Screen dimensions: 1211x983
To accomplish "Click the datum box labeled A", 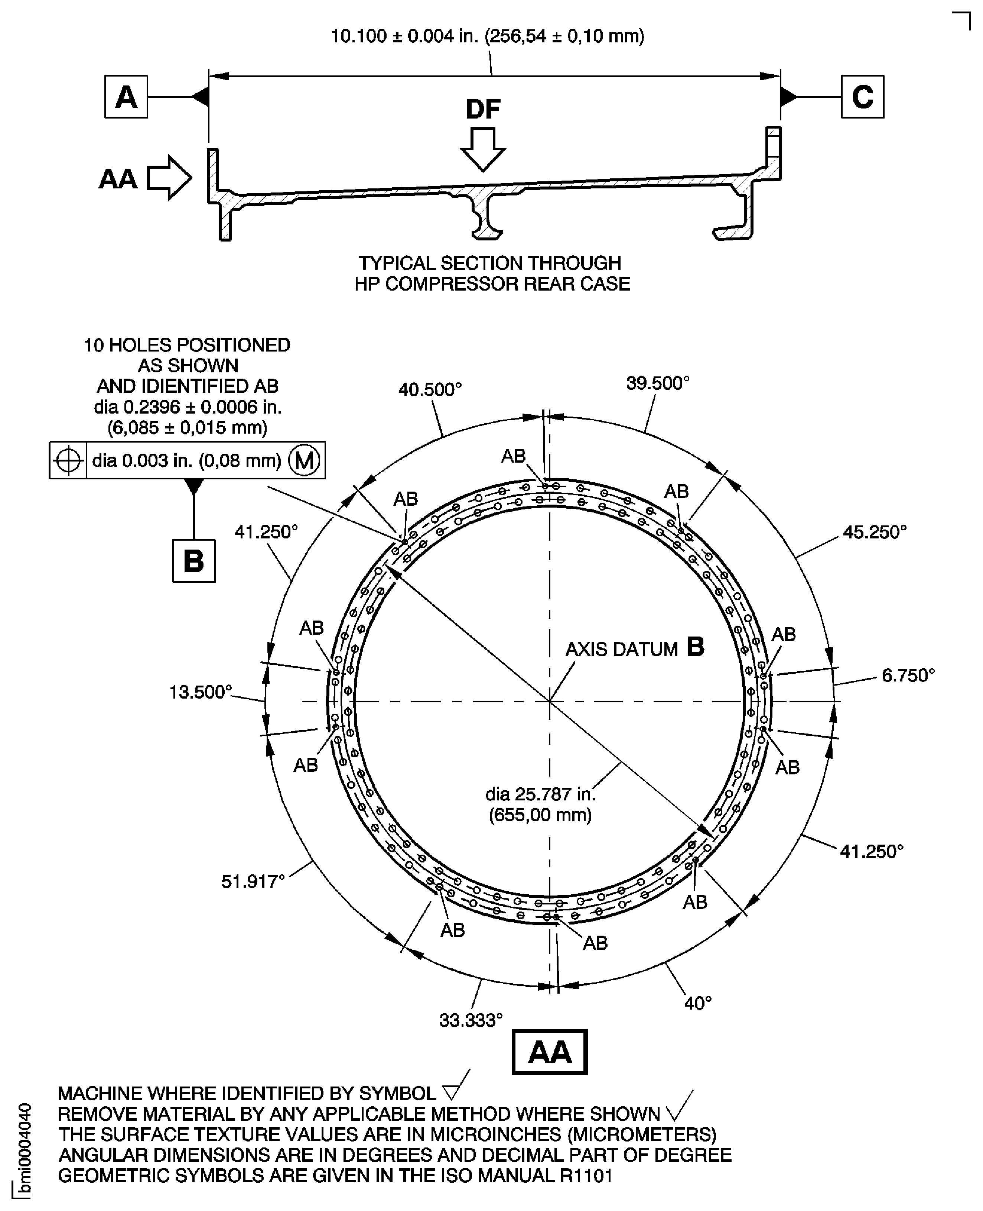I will pyautogui.click(x=126, y=97).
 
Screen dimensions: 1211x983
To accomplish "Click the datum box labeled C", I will pyautogui.click(x=862, y=97).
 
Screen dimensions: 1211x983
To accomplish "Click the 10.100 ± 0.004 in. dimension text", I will pyautogui.click(x=487, y=36).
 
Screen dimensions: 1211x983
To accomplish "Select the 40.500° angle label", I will pyautogui.click(x=430, y=390).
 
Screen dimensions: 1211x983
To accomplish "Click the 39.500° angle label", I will pyautogui.click(x=657, y=383).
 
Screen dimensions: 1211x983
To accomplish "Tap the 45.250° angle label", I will pyautogui.click(x=874, y=532).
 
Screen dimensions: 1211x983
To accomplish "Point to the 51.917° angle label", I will pyautogui.click(x=253, y=881).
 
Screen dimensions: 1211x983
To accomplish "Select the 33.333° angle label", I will pyautogui.click(x=471, y=1020).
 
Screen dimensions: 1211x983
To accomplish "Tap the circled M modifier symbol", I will pyautogui.click(x=304, y=460).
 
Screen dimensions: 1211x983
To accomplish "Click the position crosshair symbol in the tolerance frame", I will pyautogui.click(x=68, y=460).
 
